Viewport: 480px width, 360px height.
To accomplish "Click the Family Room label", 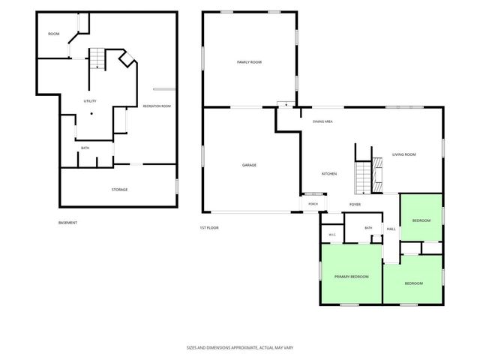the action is [x=249, y=62].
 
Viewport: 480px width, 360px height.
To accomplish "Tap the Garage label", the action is [x=249, y=165].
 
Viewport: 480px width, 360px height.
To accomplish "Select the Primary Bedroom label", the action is [x=352, y=277].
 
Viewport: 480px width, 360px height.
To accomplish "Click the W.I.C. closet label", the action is [x=332, y=235].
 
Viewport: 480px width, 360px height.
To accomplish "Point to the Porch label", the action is [x=313, y=204].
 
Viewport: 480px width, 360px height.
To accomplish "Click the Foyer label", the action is [x=355, y=205].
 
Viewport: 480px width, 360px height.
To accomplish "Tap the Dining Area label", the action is [x=322, y=121].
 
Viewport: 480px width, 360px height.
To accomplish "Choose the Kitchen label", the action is [x=329, y=174].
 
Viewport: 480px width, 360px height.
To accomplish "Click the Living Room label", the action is [x=404, y=154].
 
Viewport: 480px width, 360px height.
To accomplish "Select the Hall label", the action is [x=391, y=229].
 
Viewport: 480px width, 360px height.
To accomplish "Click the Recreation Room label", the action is [x=157, y=106].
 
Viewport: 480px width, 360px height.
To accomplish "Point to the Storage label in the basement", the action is [x=119, y=190].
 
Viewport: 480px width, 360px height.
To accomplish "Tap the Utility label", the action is [x=90, y=101].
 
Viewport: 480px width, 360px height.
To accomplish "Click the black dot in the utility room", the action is [x=91, y=113].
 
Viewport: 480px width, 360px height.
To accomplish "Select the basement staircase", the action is [x=97, y=58].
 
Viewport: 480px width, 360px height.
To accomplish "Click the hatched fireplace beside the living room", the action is [x=377, y=175].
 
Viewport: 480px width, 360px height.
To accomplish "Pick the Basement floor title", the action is [x=67, y=223].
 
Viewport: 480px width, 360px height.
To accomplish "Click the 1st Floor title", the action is [x=209, y=228].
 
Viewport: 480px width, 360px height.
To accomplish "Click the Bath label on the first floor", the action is [x=368, y=228].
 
